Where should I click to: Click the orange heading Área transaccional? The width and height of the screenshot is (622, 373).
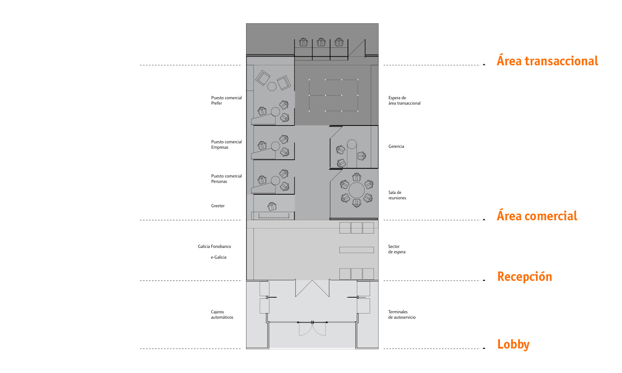point(547,61)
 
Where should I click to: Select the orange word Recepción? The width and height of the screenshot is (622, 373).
point(524,276)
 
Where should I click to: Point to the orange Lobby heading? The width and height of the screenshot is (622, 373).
point(513,344)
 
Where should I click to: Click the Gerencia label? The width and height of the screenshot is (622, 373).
point(396,146)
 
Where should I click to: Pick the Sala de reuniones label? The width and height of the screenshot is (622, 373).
point(397,195)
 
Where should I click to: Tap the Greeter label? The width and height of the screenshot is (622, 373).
point(218,206)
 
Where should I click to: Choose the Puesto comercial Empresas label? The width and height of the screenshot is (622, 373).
point(226,144)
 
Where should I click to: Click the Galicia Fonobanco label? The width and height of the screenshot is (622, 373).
point(214,246)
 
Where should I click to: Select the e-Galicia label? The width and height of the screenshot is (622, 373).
point(218,257)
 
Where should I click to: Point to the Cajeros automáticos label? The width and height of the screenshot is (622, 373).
point(222,314)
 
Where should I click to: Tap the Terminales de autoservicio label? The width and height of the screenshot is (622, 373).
point(402,314)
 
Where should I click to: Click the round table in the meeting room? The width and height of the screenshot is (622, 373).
point(356,190)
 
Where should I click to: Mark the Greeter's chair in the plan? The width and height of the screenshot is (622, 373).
point(272,206)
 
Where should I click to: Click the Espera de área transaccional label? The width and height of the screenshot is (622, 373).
point(404,101)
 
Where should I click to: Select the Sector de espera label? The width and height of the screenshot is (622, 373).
point(397,249)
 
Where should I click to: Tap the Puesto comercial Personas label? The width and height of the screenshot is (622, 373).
point(226,178)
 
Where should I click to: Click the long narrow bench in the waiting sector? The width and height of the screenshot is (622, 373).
point(356,250)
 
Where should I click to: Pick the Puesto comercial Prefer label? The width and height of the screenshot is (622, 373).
point(226,100)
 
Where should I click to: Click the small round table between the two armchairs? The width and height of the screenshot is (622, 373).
point(272,86)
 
